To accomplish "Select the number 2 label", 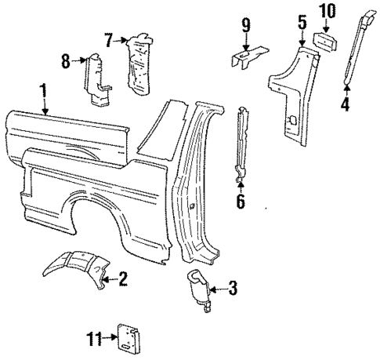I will tap(122, 278).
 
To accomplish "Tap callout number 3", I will tap(231, 289).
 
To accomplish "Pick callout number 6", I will tap(241, 202).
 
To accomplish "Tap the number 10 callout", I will tap(327, 11).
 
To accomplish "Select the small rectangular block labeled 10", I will tap(324, 41).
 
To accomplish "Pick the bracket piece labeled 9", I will tap(248, 57).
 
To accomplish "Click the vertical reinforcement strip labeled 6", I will tap(242, 141).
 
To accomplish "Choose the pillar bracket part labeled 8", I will tap(96, 78).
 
